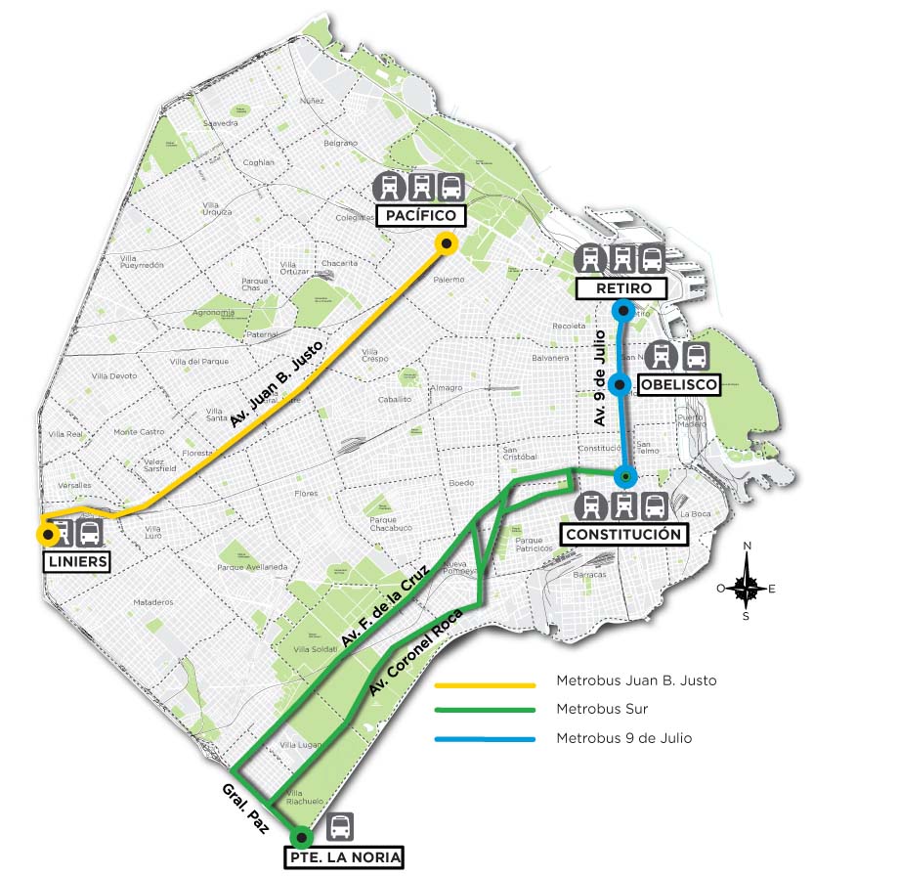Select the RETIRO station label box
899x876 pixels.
621,288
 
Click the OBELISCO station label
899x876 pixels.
678,385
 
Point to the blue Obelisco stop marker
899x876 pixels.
620,384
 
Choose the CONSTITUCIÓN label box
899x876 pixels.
622,534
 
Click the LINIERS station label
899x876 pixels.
75,561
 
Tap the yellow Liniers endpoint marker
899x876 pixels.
46,534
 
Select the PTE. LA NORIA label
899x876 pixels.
343,857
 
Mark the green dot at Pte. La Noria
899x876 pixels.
302,838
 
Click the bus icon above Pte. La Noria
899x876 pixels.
340,827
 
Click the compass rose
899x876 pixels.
747,588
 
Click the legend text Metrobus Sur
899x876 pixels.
602,709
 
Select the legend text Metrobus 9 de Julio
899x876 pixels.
623,738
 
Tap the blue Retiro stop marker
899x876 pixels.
621,311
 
